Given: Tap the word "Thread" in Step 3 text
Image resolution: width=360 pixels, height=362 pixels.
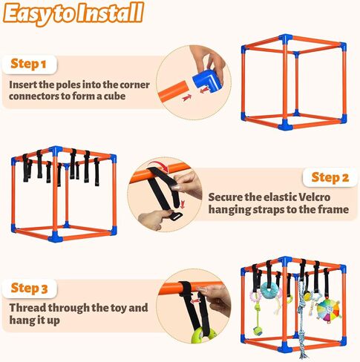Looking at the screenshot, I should pos(28,306).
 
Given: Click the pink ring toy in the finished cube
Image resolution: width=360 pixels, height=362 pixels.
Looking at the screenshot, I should pos(255,296).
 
